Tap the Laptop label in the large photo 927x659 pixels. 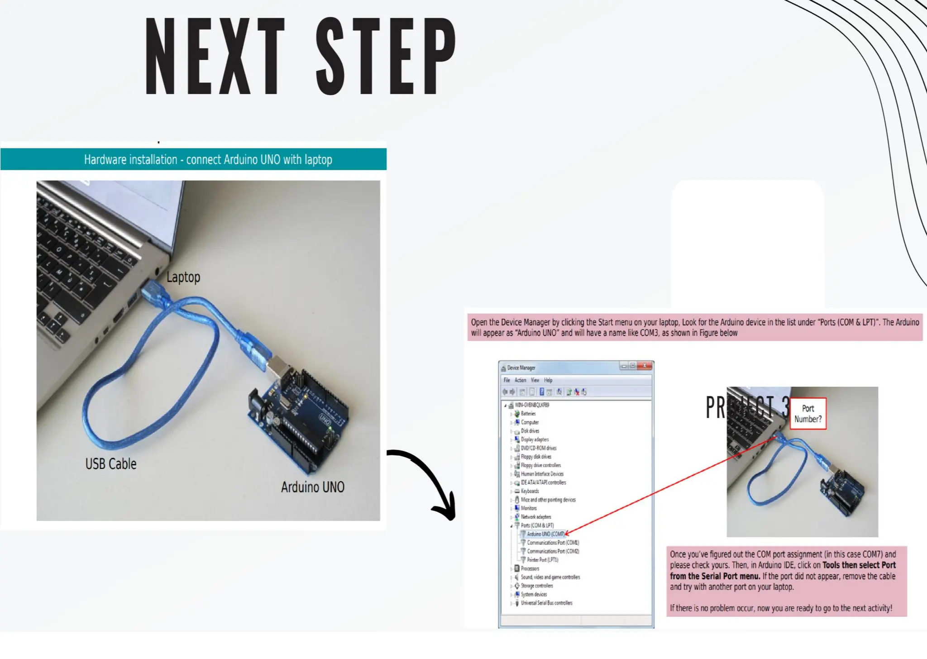pos(183,277)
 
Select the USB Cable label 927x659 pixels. pos(111,464)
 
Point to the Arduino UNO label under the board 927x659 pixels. pos(312,487)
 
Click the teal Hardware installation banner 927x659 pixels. pos(194,159)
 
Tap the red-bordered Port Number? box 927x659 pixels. pos(808,414)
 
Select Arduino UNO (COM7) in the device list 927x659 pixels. pos(545,534)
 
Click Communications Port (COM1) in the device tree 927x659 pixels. pos(553,543)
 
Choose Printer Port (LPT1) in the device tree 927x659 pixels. pos(542,560)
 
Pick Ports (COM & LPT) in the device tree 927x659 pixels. pos(537,525)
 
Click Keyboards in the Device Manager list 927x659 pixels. pos(530,491)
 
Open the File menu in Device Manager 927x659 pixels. pos(507,380)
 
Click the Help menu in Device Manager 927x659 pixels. pos(548,380)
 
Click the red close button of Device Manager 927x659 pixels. pos(645,366)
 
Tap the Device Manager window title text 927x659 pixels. pos(521,368)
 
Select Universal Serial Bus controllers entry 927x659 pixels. pos(546,603)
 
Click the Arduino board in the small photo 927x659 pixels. pos(842,491)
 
